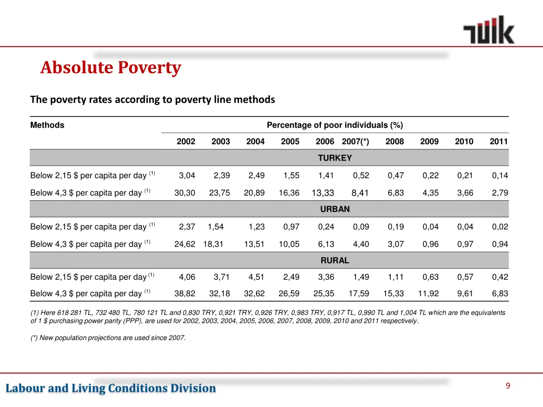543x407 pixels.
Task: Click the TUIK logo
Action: coord(488,30)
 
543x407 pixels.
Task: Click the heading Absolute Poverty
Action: coord(111,68)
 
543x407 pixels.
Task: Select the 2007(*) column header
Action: coord(355,141)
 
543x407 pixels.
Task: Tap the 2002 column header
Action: coord(186,141)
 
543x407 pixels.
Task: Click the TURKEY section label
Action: coord(335,158)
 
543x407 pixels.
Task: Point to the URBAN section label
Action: coord(335,209)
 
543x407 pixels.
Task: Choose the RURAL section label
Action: coord(335,261)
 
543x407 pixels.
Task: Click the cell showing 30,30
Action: coord(185,193)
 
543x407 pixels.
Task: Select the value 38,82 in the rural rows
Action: coord(185,294)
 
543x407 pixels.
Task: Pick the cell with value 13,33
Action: coord(323,193)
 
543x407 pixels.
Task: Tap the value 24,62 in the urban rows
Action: coord(185,244)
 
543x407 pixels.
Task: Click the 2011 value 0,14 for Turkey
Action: coord(500,175)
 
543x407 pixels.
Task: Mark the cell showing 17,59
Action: coord(358,294)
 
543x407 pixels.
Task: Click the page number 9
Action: coord(507,386)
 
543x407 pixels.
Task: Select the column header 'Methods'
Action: coord(47,126)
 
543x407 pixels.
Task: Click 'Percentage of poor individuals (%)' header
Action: coord(335,126)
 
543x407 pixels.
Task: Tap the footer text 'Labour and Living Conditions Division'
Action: coord(111,388)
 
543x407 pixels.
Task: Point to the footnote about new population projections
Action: coord(108,338)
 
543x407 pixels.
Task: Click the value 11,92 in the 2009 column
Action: coord(428,294)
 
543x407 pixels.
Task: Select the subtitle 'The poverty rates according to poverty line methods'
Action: coord(153,99)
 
